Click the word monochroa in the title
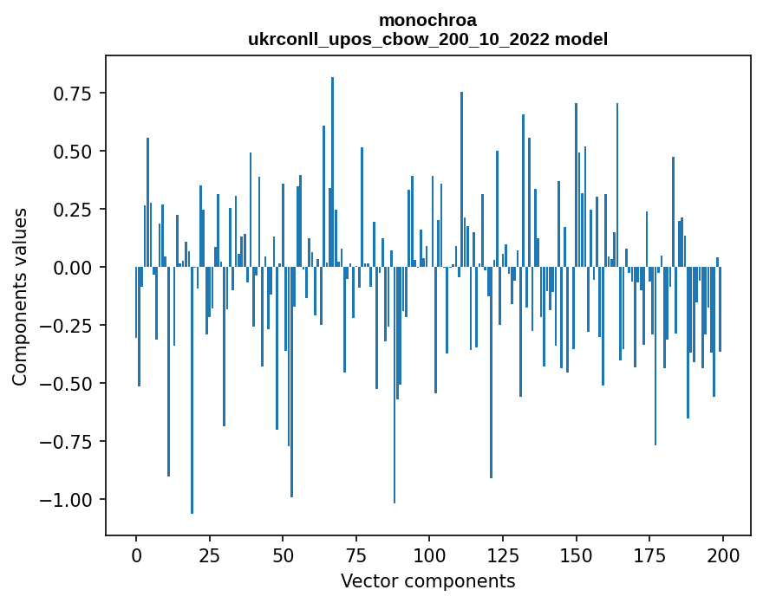coord(427,20)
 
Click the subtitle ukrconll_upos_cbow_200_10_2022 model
coord(427,39)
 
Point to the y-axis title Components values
coord(19,296)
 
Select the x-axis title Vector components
coord(427,580)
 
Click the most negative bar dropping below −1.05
coord(192,390)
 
